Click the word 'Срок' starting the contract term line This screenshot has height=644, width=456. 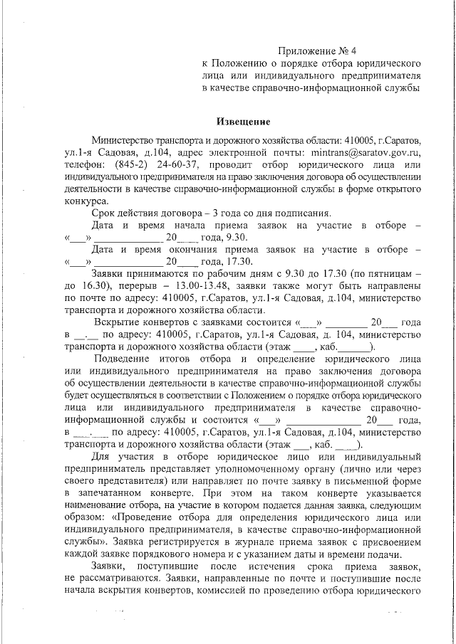[104, 213]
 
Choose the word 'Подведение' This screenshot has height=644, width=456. [123, 358]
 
